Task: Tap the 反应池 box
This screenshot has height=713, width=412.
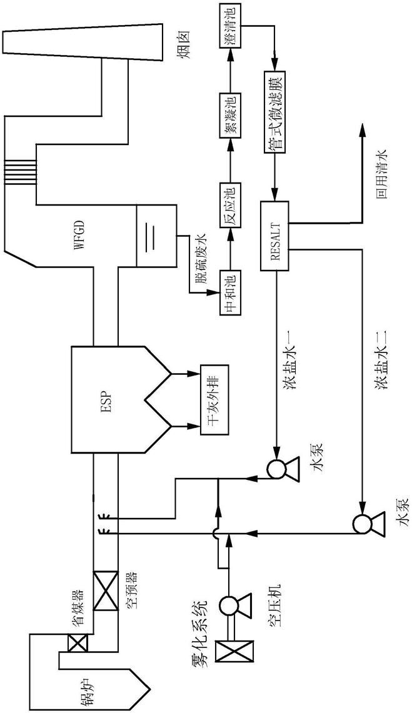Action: click(x=230, y=206)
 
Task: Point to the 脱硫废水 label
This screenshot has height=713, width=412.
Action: click(x=201, y=256)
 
